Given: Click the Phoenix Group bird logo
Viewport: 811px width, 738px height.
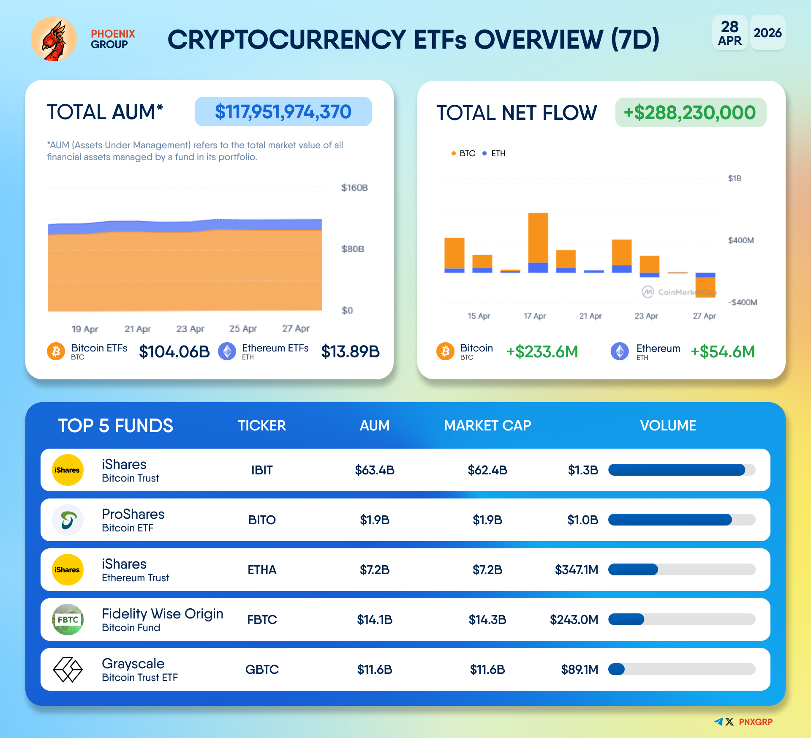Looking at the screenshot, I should click(54, 39).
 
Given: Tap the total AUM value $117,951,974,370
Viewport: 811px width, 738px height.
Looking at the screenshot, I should click(283, 112).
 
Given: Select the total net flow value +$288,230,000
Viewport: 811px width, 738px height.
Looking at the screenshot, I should click(690, 113).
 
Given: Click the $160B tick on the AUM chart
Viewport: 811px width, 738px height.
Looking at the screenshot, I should click(354, 188).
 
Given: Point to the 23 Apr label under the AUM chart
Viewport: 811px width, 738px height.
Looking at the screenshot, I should click(190, 329).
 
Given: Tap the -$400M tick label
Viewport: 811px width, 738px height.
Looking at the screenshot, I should click(743, 302).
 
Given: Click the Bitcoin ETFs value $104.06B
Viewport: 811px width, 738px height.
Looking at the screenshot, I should click(174, 351).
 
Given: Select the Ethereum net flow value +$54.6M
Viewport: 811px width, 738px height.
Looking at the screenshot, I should click(722, 351).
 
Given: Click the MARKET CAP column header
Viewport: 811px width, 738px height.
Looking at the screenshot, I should click(487, 425).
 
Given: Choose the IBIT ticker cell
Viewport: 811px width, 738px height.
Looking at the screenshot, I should click(262, 470).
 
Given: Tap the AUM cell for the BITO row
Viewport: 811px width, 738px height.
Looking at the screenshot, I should click(375, 520).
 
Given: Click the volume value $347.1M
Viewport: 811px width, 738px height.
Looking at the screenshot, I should click(577, 570).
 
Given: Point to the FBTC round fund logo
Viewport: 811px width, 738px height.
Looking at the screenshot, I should click(68, 620).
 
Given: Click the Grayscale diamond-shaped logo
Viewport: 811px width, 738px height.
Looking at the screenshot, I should click(68, 670).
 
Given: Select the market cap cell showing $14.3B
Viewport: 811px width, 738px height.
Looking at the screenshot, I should click(487, 620).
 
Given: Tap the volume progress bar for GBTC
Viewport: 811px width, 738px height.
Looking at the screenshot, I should click(681, 670).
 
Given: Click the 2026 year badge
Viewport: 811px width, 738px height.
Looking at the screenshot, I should click(767, 33).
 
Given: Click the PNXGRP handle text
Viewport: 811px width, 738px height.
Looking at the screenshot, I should click(755, 722).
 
